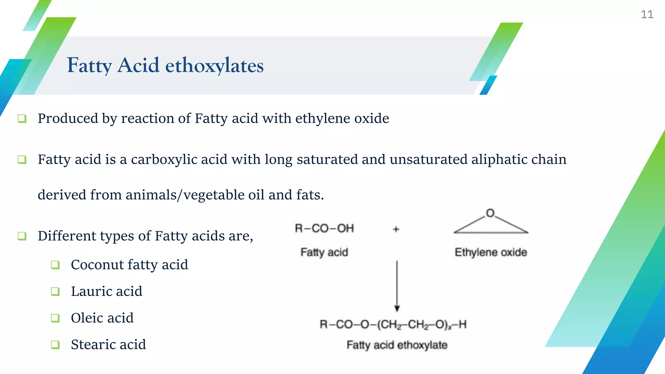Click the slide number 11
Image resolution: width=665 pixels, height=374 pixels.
[647, 14]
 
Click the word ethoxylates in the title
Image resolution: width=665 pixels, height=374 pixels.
[214, 65]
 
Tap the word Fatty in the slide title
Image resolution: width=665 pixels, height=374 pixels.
[89, 65]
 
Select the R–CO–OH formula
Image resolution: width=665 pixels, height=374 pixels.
[324, 228]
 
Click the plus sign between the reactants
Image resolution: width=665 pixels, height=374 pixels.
[396, 229]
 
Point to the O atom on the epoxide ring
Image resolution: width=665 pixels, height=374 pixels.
[490, 213]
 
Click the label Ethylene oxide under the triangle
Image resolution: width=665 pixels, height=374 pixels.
[491, 252]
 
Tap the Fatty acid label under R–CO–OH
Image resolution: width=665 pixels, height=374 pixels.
[324, 252]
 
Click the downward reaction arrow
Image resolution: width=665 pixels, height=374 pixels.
[397, 286]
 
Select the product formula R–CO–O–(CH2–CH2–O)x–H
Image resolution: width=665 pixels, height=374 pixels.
[393, 324]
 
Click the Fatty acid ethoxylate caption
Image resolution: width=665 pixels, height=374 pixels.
[397, 345]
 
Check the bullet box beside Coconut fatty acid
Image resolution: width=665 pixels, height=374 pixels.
[55, 265]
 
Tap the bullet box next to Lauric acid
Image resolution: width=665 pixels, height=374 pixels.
[55, 292]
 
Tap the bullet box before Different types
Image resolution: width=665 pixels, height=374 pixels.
[22, 236]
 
